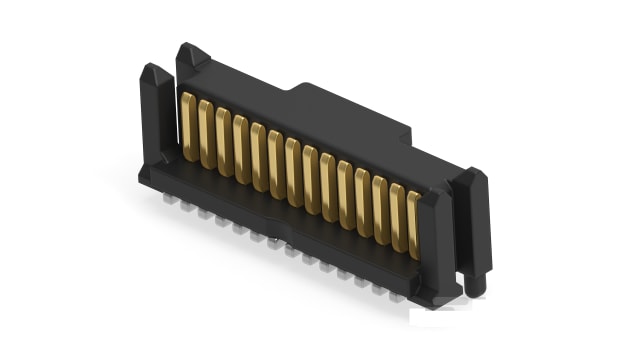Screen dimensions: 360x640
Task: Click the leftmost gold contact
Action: tap(187, 126)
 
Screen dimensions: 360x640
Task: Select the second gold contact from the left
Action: tap(205, 133)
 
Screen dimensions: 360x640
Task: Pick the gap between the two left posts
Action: tap(173, 120)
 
